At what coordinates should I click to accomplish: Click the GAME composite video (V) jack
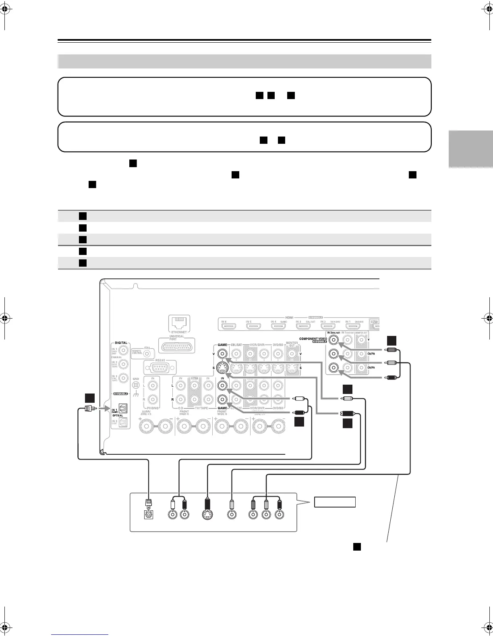(222, 354)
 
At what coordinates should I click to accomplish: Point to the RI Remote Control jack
(147, 353)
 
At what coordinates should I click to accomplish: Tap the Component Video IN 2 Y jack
(333, 340)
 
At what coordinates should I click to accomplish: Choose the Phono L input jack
(152, 385)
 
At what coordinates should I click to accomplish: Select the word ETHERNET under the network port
(179, 332)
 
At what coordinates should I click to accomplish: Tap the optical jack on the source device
(149, 514)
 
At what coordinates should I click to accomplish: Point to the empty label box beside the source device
(335, 502)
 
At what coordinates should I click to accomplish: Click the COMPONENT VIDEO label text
(313, 339)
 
